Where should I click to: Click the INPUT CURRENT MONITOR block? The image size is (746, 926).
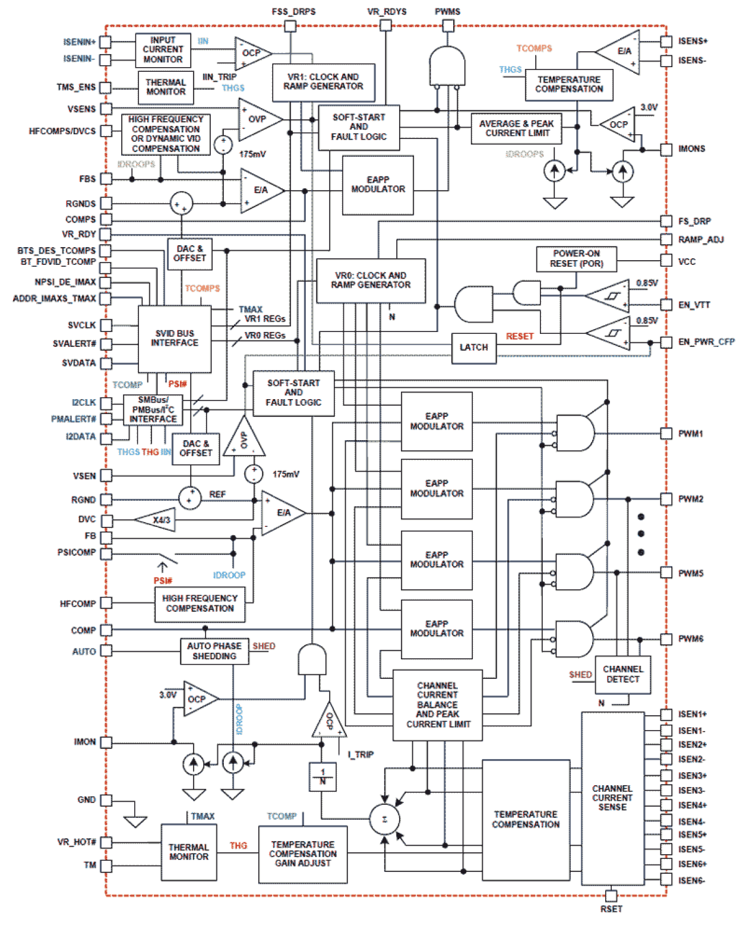point(163,50)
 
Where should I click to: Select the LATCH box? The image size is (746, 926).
point(473,347)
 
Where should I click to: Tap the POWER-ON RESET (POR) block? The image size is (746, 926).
point(576,259)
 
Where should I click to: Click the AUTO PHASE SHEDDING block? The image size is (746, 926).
point(214,651)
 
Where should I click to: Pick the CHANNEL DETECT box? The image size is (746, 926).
point(622,674)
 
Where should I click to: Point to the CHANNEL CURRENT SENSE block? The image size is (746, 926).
point(612,798)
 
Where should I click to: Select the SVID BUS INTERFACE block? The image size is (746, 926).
point(174,339)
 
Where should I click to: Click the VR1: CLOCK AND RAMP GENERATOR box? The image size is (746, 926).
point(323,82)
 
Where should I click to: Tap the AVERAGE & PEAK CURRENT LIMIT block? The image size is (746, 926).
point(516,128)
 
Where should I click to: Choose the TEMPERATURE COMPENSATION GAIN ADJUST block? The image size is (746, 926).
point(302,854)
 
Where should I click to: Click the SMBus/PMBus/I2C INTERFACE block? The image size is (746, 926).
point(153,410)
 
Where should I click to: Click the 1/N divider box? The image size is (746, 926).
point(323,776)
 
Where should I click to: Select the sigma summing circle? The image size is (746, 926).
point(384,820)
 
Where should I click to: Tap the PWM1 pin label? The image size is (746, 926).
point(690,434)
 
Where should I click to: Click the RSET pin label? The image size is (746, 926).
point(611,909)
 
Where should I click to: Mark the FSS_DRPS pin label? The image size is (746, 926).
point(293,11)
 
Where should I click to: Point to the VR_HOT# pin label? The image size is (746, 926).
point(77,842)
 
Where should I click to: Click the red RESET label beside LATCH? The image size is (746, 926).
point(520,336)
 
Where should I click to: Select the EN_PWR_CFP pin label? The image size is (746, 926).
point(706,342)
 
